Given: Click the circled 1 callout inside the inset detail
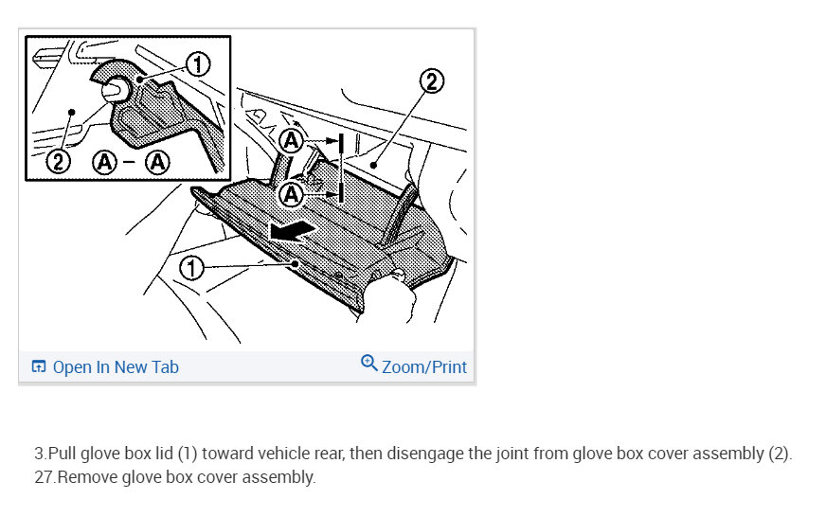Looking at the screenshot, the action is (x=198, y=64).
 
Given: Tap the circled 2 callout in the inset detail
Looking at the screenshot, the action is (x=58, y=161).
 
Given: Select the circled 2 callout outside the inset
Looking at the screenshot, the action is (x=431, y=81).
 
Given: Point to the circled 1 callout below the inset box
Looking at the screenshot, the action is (x=191, y=267).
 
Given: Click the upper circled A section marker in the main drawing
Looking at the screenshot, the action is (x=291, y=140).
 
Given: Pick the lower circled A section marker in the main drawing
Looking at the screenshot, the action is (x=291, y=195).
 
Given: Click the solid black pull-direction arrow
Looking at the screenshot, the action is (x=293, y=231).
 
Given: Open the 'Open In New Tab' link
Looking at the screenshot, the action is (x=116, y=367).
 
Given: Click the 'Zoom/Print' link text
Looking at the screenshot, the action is (x=424, y=367).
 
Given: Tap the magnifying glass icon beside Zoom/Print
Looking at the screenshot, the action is (x=368, y=364).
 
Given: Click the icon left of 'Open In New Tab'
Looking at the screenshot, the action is (x=39, y=365).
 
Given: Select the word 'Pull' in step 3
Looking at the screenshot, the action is (x=63, y=454).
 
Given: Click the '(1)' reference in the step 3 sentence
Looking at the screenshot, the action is (x=187, y=454).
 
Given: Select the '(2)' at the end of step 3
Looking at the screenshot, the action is (x=780, y=454).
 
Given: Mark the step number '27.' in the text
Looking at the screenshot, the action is (x=45, y=477).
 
